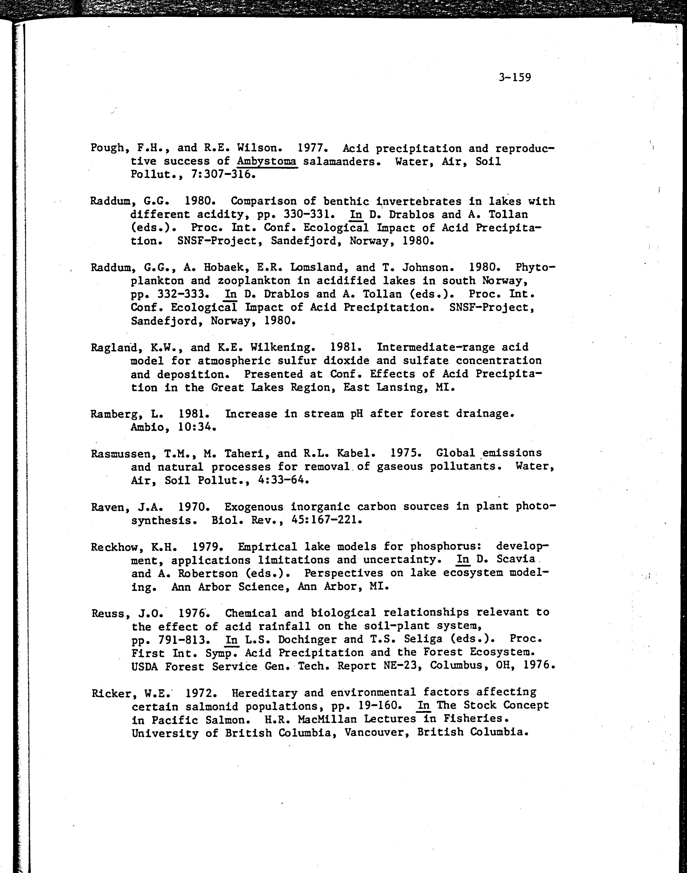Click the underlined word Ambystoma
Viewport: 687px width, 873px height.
coord(267,161)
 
